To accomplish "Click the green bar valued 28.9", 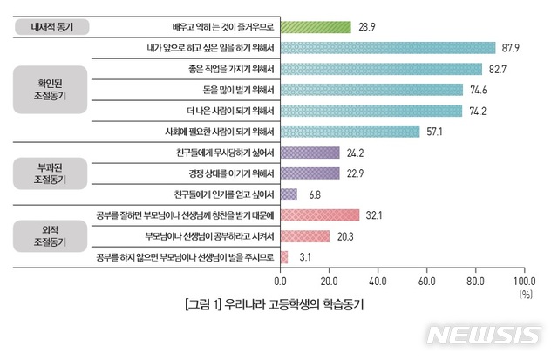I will click(x=315, y=27).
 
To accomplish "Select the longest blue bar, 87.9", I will click(x=387, y=48).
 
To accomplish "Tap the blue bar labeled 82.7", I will click(x=381, y=69).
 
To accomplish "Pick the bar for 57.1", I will click(x=350, y=132).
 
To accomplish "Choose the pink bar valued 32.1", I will click(x=319, y=215).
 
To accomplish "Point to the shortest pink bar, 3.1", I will click(x=284, y=257).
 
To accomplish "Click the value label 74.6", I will click(x=478, y=90).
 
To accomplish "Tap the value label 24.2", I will click(x=355, y=153).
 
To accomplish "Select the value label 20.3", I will click(x=345, y=236).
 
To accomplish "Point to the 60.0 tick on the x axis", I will click(x=426, y=282).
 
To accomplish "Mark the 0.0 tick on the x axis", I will click(x=281, y=282).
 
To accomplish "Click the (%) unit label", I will click(x=525, y=295).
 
